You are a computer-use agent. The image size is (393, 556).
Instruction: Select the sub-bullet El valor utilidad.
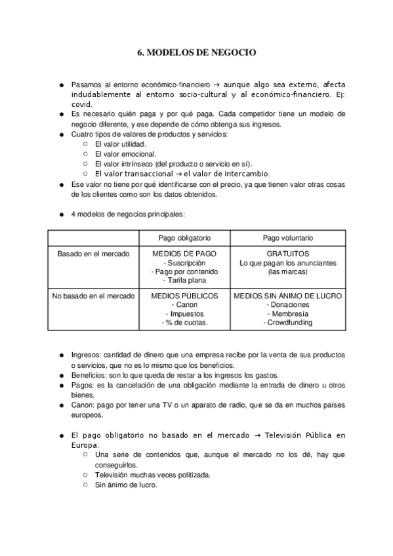tap(121, 144)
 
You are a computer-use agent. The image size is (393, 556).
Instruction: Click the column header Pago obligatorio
tap(184, 237)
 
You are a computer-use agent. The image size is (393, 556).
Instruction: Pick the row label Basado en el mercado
tap(93, 253)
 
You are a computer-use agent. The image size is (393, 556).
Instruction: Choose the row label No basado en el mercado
tap(93, 296)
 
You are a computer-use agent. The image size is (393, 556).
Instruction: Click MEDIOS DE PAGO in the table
tap(184, 253)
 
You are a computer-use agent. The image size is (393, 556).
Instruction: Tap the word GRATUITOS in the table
tap(288, 253)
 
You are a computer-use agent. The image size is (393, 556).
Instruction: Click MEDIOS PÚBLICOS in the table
tap(184, 296)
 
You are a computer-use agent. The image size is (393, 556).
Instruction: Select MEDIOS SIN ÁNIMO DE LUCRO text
tap(288, 296)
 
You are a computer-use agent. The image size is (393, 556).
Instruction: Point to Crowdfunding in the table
tap(289, 322)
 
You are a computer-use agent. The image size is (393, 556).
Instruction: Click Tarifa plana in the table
tap(184, 280)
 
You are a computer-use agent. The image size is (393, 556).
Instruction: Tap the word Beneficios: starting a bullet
tap(89, 375)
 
